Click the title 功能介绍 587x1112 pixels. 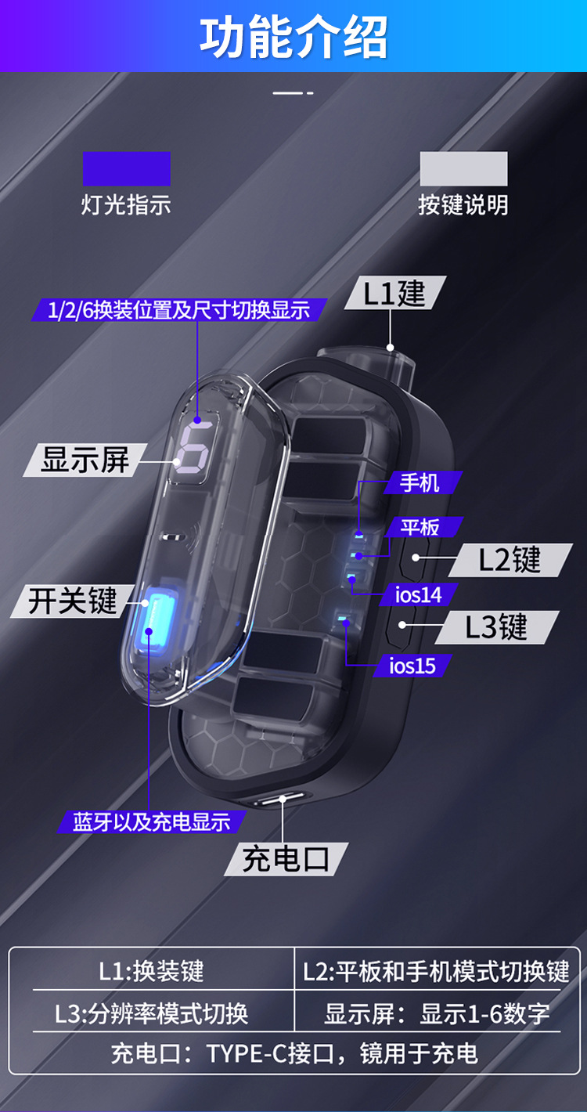coord(293,37)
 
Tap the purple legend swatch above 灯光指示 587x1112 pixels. coord(127,168)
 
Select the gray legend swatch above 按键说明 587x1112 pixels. coord(463,168)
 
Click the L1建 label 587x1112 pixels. coord(395,293)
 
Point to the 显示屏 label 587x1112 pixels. coord(85,460)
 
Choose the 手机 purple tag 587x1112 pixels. coord(420,482)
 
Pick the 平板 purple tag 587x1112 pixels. coord(421,527)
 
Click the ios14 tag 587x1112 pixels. coord(418,594)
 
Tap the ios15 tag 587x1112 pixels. coord(412,666)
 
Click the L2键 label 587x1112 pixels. coord(510,560)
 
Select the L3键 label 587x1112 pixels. coord(497,627)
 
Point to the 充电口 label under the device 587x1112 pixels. coord(285,859)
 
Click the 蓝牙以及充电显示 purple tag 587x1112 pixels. coord(152,822)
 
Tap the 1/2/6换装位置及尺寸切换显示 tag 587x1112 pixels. coord(178,309)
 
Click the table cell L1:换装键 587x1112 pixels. coord(151,972)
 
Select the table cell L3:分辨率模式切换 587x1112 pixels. coord(151,1013)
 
